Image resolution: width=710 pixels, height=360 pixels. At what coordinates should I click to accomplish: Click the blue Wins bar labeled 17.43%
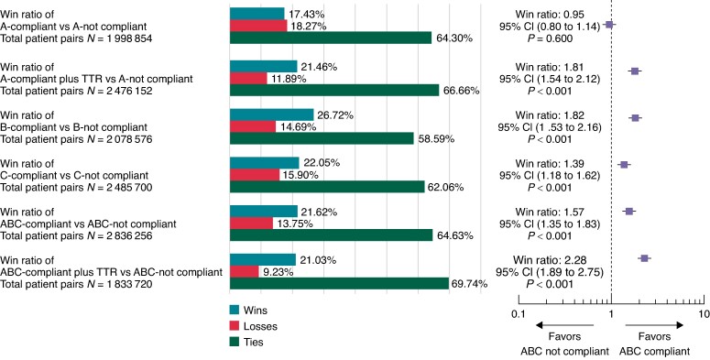point(257,14)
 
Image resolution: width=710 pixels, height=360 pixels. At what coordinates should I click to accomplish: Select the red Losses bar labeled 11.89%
point(248,79)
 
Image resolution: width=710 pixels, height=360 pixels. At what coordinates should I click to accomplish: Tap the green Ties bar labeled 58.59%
point(322,138)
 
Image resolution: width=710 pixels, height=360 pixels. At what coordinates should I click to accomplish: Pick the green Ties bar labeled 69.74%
point(340,283)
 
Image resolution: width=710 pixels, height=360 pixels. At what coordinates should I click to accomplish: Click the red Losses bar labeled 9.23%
point(245,272)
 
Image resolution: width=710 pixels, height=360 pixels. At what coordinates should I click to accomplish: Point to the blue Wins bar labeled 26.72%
point(272,115)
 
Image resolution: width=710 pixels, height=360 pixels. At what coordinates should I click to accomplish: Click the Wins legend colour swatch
point(235,310)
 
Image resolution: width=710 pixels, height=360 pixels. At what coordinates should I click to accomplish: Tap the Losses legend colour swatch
point(235,325)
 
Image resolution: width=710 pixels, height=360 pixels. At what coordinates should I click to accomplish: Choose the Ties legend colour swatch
point(235,342)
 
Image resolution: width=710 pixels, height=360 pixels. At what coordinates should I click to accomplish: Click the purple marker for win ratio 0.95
point(609,25)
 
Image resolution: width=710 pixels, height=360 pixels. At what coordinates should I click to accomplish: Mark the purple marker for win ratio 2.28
point(644,258)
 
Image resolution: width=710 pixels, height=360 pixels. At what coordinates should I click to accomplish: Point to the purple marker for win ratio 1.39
point(625,165)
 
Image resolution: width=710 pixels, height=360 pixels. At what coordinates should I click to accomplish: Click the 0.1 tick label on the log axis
point(519,314)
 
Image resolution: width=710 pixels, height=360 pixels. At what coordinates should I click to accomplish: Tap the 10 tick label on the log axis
point(704,314)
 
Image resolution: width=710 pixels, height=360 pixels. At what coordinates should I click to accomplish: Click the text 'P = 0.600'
point(551,39)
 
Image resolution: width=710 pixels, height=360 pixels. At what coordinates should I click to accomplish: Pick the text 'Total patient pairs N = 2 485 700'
point(76,187)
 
